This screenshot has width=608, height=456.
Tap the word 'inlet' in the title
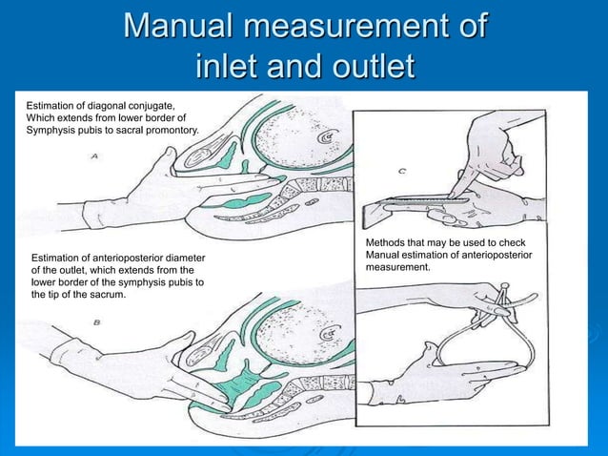[x=229, y=68]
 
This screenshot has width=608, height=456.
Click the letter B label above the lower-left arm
[x=97, y=322]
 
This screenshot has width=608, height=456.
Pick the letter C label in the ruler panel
[x=403, y=172]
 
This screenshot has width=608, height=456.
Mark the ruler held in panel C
[x=419, y=200]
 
